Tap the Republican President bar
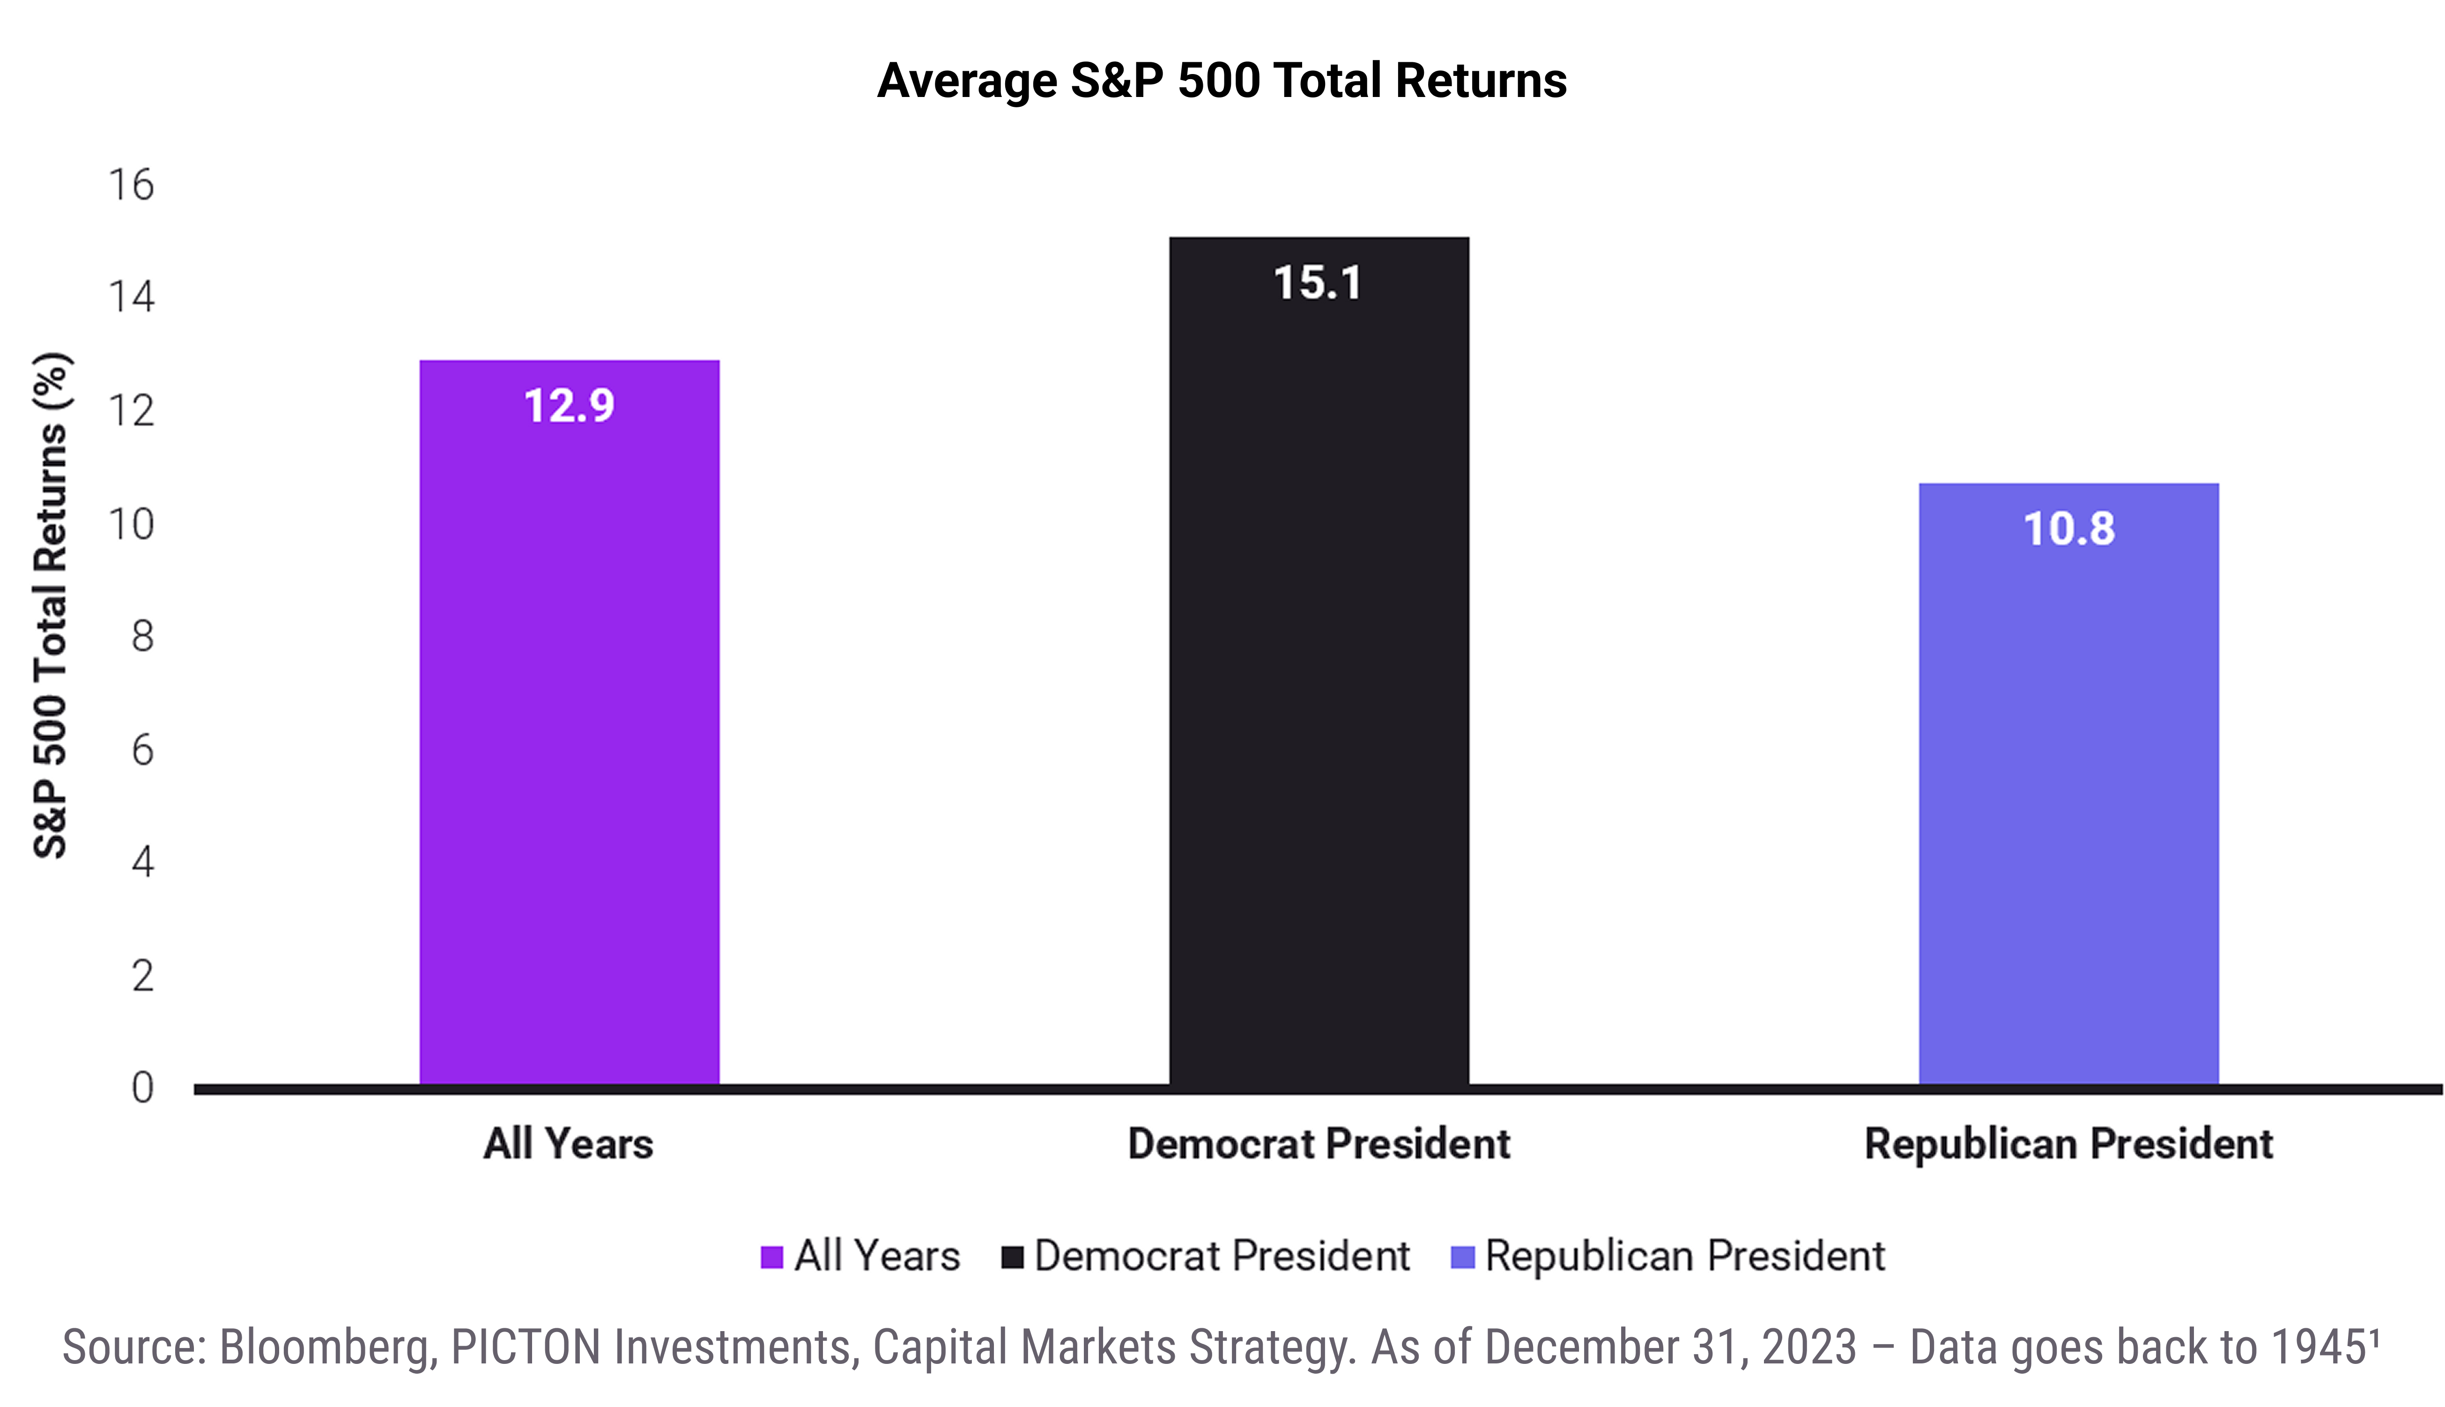click(2068, 784)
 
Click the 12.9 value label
click(569, 406)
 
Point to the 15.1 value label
click(1318, 283)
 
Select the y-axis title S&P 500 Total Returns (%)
click(50, 605)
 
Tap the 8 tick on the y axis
click(143, 636)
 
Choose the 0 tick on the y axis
click(143, 1087)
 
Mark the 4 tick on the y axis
click(143, 861)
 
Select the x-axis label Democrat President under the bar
click(1319, 1144)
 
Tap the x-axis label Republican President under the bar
click(2068, 1144)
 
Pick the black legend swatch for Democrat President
click(1012, 1257)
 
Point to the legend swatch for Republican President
click(1463, 1257)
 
